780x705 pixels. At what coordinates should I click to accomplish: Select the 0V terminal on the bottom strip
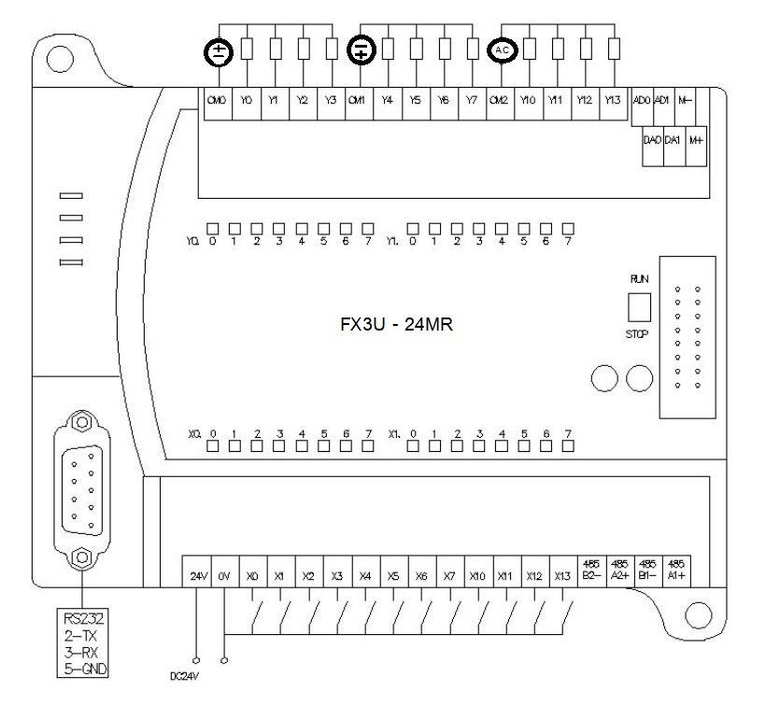coord(223,576)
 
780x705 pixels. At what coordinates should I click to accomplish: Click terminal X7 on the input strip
coord(449,576)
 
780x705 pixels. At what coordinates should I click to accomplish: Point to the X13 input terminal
coord(560,576)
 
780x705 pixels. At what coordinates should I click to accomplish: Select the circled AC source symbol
coord(502,49)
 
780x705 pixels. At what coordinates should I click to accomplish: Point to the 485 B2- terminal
coord(589,570)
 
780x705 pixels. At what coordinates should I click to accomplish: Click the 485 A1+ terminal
coord(678,570)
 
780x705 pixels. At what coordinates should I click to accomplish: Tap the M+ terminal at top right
coord(696,140)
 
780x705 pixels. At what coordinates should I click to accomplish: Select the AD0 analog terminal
coord(641,98)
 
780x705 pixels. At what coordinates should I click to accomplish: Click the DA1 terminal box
coord(674,140)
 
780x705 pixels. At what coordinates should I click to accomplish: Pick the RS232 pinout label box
coord(82,642)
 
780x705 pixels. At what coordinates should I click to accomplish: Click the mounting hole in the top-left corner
coord(60,59)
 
